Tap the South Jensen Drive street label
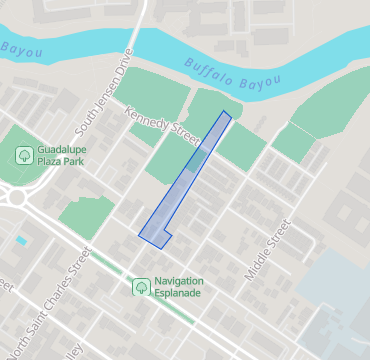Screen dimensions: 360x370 coord(114,79)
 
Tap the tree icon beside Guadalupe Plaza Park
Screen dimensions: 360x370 coord(23,155)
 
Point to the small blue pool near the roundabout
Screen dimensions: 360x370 coord(21,241)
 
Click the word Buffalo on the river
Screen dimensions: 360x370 coord(206,66)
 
